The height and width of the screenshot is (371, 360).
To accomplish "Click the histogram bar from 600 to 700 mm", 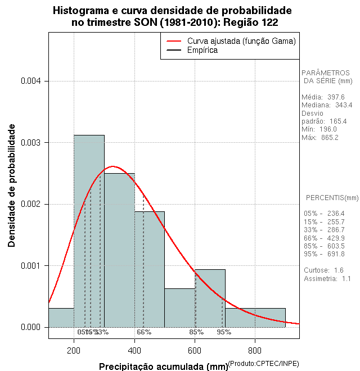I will pos(210,298).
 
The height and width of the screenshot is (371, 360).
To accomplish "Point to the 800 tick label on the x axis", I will pos(255,351).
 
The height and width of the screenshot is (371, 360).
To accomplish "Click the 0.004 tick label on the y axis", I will pos(31,82).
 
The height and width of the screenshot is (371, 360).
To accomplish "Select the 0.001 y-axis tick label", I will pos(31,265).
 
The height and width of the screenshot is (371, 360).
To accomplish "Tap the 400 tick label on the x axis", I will pos(134,351).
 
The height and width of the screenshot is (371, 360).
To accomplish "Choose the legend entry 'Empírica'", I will pos(202,50).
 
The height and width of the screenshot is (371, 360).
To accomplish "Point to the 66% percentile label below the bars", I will pos(144,332).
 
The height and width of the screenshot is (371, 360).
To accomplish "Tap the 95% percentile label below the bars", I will pos(224,332).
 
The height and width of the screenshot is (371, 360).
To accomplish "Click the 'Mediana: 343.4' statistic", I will pos(327,105).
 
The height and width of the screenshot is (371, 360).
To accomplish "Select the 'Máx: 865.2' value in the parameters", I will pos(320,138).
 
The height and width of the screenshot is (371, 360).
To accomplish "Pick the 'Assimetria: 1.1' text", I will pos(327,278).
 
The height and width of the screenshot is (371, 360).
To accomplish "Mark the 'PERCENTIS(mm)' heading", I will pos(332,198).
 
